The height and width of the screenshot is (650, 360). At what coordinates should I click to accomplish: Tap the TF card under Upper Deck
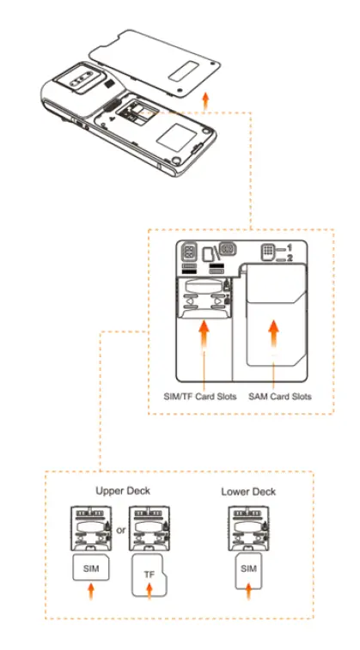(x=149, y=577)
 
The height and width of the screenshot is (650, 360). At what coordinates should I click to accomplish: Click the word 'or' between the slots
(x=121, y=530)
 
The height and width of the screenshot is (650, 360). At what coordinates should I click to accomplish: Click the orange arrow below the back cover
(x=204, y=100)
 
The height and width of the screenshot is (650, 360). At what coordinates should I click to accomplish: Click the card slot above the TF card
(x=149, y=529)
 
